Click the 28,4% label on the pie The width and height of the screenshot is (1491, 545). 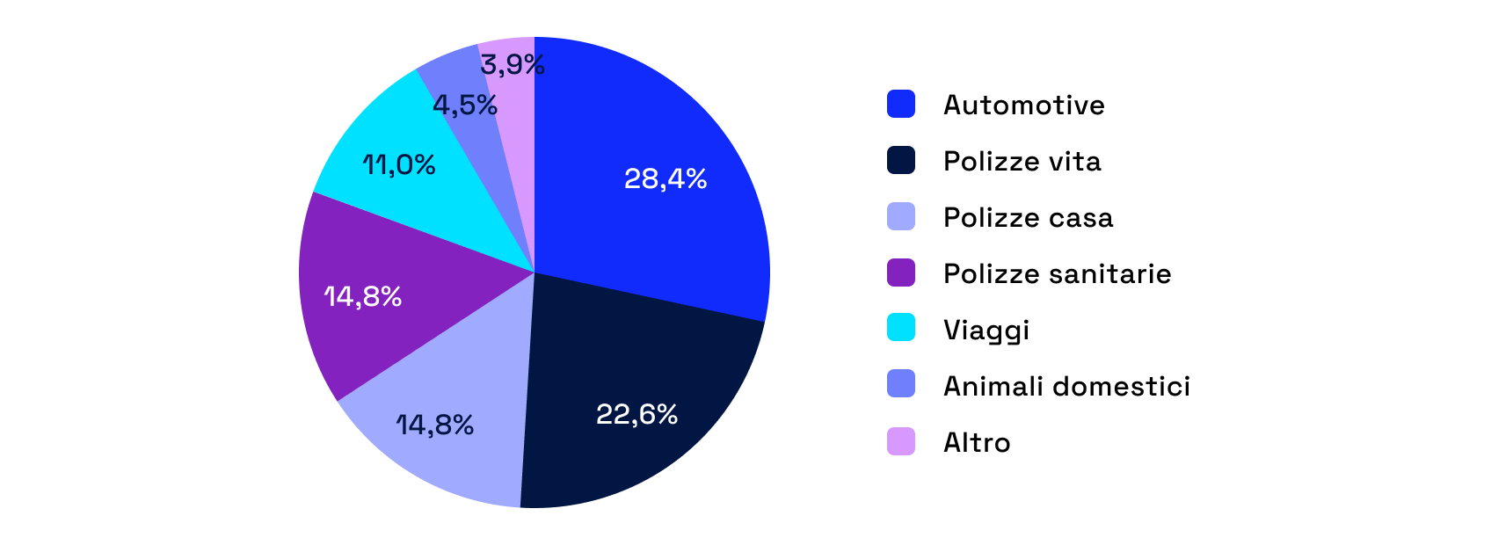coord(665,179)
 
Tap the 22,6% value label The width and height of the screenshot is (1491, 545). coord(636,414)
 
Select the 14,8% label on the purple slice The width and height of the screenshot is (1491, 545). coord(363,297)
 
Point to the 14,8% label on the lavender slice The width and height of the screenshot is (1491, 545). coord(435,425)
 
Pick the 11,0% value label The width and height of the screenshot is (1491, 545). coord(399,165)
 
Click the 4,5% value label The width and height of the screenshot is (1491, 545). coord(465,105)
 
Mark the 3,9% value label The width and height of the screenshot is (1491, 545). coord(513,65)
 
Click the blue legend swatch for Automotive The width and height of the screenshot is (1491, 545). coord(901,104)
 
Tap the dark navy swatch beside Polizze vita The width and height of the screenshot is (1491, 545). coord(901,160)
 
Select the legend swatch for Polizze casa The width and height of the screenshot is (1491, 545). coord(901,216)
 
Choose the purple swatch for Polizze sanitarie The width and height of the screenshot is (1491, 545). coord(901,272)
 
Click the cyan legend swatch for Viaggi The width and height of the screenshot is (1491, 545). coord(901,328)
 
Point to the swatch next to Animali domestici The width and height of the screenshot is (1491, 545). coord(901,384)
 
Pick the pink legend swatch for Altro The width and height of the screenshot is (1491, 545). coord(901,440)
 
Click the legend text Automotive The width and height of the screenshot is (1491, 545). coord(1024,105)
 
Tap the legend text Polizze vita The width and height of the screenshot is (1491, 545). coord(1022,162)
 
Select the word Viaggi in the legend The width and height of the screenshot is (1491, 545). coord(986,331)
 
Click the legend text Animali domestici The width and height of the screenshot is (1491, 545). coord(1067,387)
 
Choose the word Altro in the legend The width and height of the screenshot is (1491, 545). coord(977,443)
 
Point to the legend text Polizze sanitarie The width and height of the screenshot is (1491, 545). coord(1058,274)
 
